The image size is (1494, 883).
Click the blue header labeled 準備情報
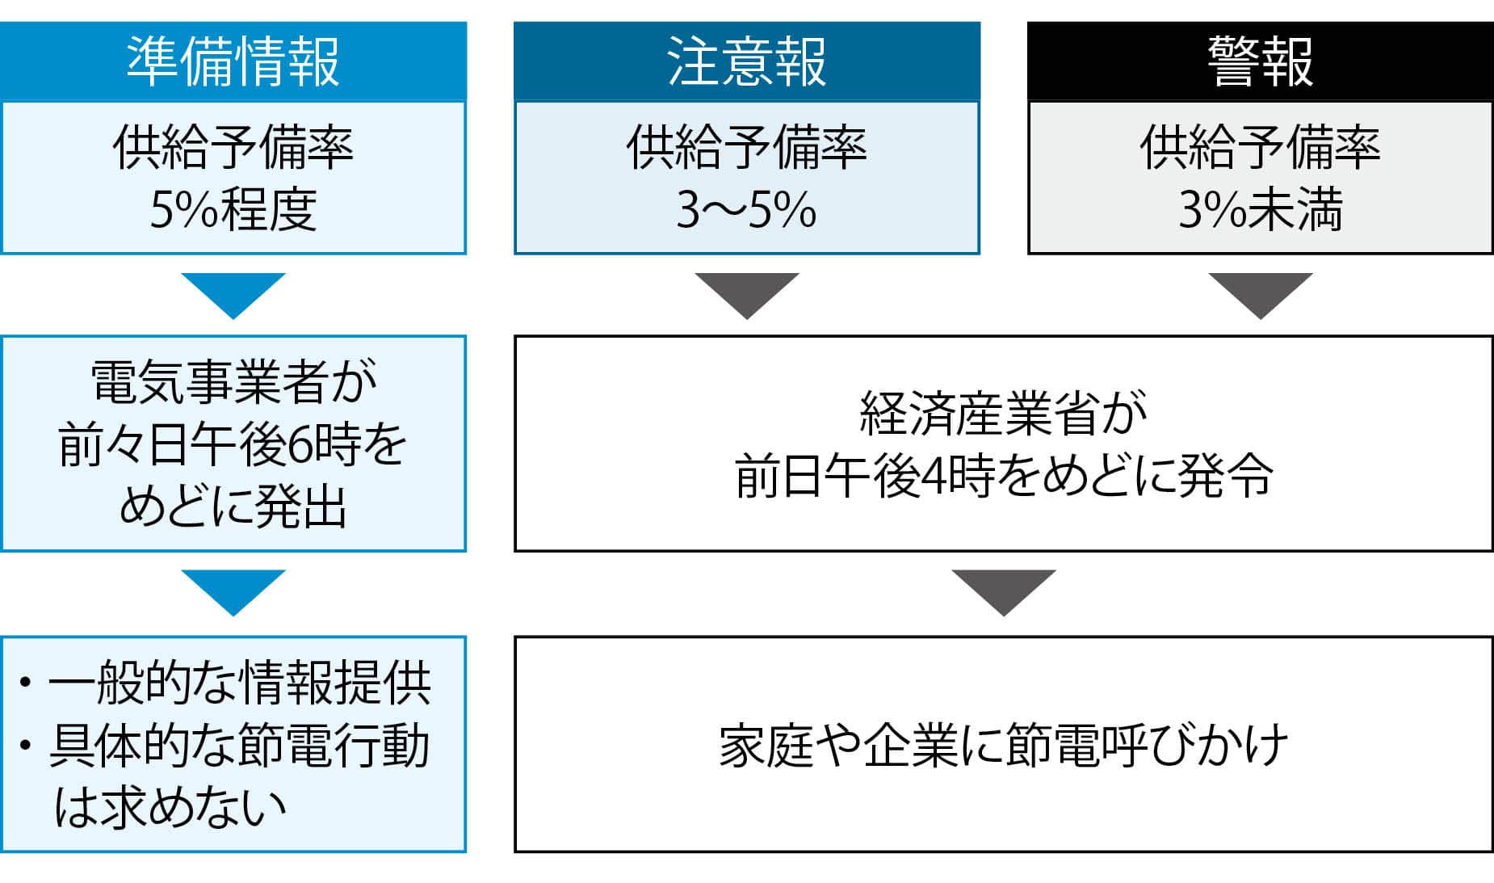[233, 61]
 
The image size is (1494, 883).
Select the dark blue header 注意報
[746, 61]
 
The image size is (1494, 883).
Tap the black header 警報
[1260, 61]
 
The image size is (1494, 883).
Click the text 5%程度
[233, 209]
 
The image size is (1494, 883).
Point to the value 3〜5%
[746, 209]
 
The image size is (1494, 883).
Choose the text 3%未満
[1260, 209]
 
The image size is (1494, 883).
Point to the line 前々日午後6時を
[233, 444]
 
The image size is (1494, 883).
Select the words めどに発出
[233, 507]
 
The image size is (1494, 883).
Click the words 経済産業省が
[1003, 413]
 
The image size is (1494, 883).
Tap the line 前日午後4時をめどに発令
[1003, 476]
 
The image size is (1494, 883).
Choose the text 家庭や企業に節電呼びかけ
[1003, 745]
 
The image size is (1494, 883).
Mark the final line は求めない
[170, 807]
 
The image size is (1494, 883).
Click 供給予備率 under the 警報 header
[1260, 148]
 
